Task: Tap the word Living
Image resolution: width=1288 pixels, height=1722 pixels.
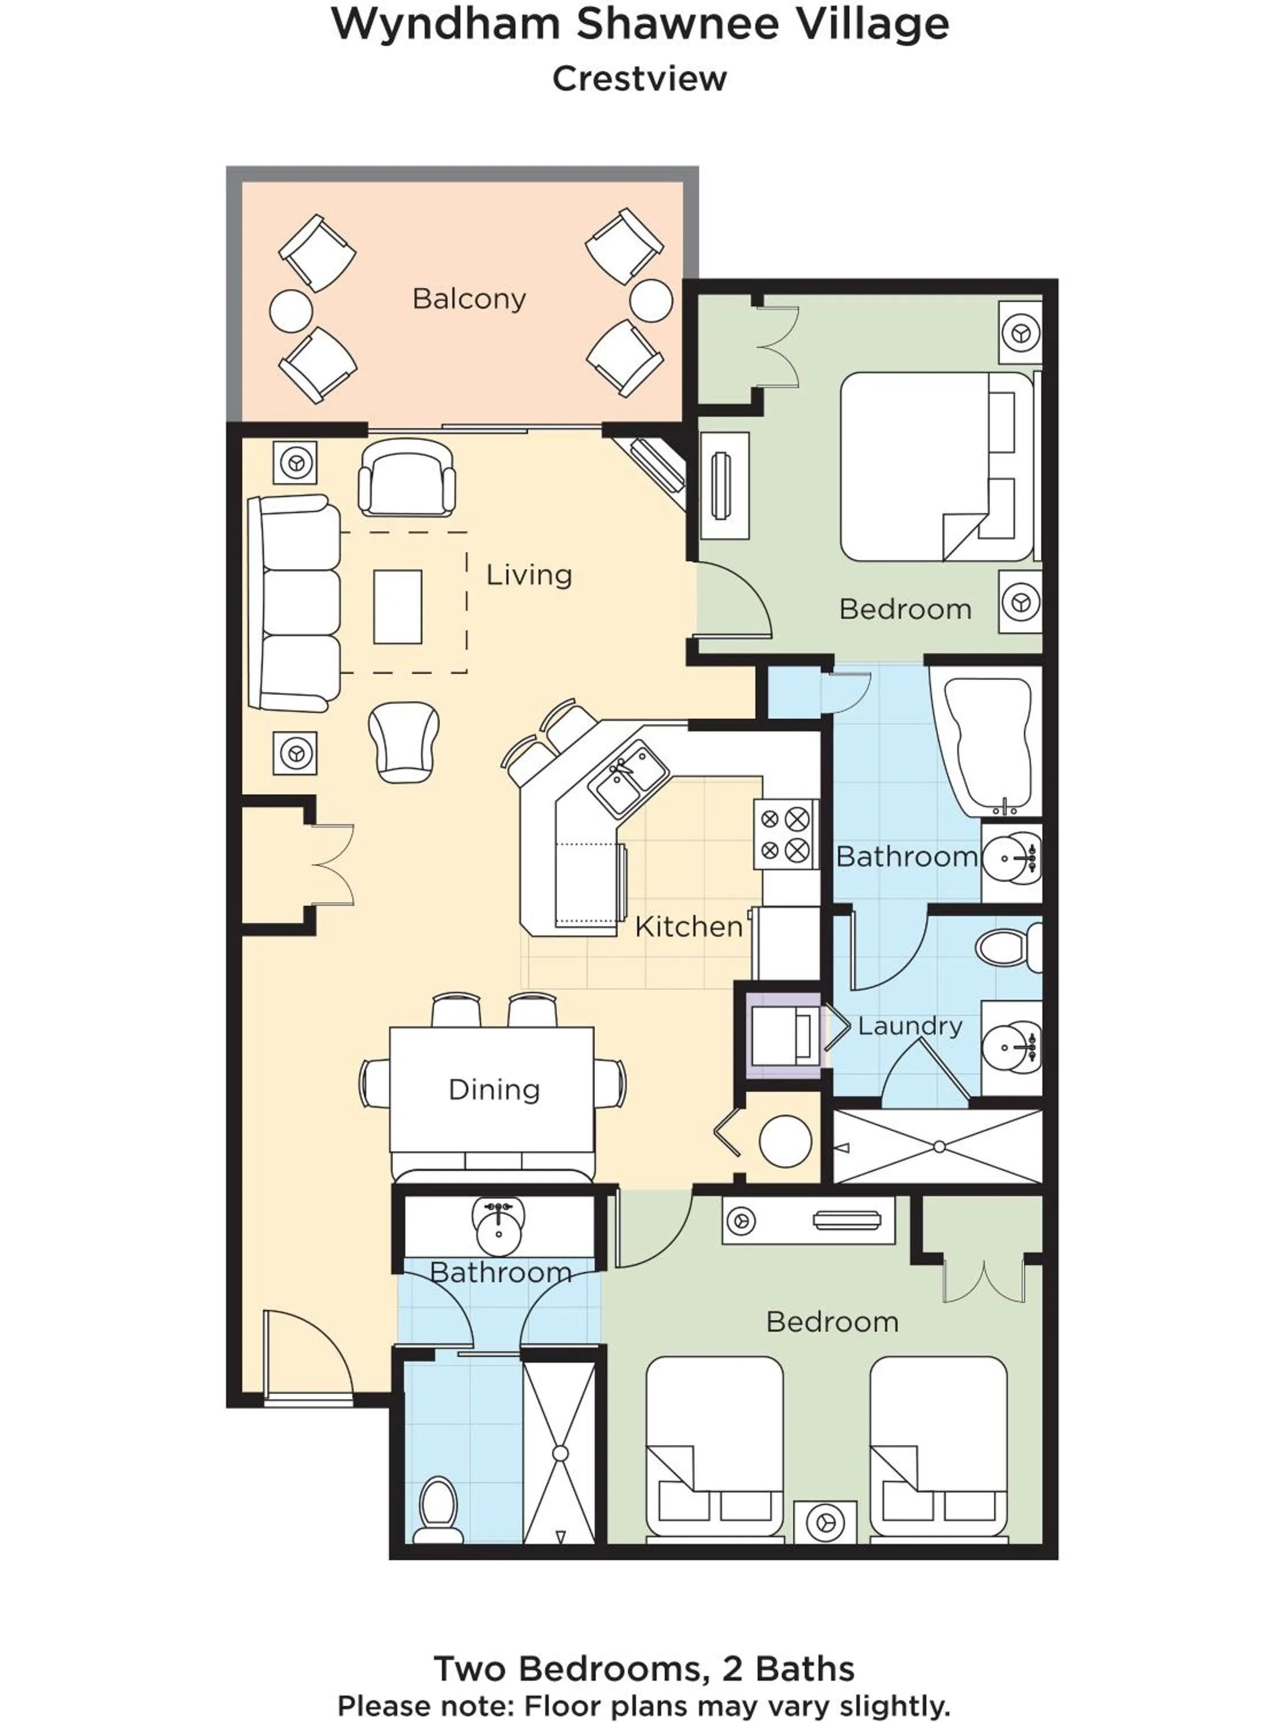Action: tap(529, 575)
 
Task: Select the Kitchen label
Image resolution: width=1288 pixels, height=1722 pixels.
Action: tap(688, 926)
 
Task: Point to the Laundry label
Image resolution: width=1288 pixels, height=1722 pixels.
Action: tap(910, 1026)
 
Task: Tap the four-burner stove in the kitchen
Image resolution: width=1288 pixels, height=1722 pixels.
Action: tap(785, 835)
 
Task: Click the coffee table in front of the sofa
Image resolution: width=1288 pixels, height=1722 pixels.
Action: tap(398, 607)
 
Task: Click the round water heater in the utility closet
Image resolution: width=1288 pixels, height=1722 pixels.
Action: tap(785, 1141)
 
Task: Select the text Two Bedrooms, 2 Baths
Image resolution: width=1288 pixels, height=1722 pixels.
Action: tap(643, 1668)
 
